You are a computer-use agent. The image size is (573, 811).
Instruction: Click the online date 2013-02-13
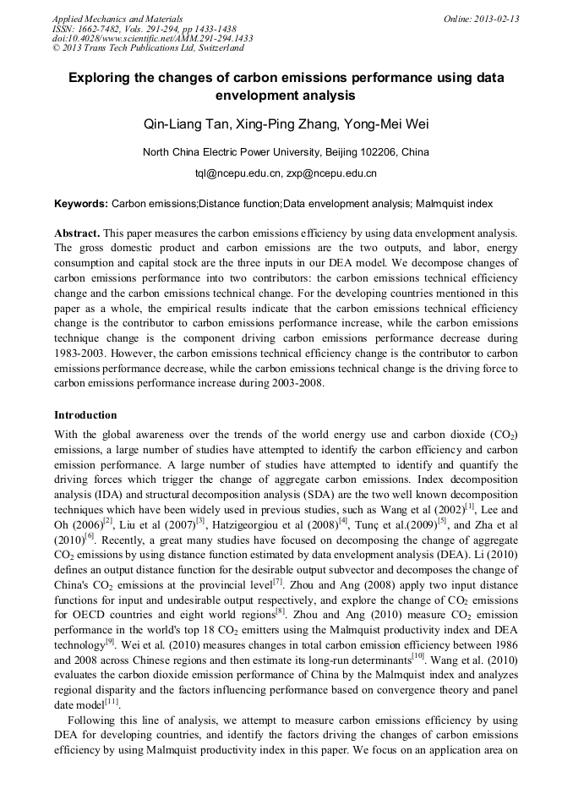496,19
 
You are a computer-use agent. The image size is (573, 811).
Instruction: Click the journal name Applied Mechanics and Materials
117,19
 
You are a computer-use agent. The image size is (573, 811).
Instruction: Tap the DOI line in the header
153,38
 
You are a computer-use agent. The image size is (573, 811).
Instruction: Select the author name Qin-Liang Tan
181,125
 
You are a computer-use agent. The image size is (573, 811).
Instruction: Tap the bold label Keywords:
80,204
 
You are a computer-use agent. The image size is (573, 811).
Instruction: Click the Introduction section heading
85,415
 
